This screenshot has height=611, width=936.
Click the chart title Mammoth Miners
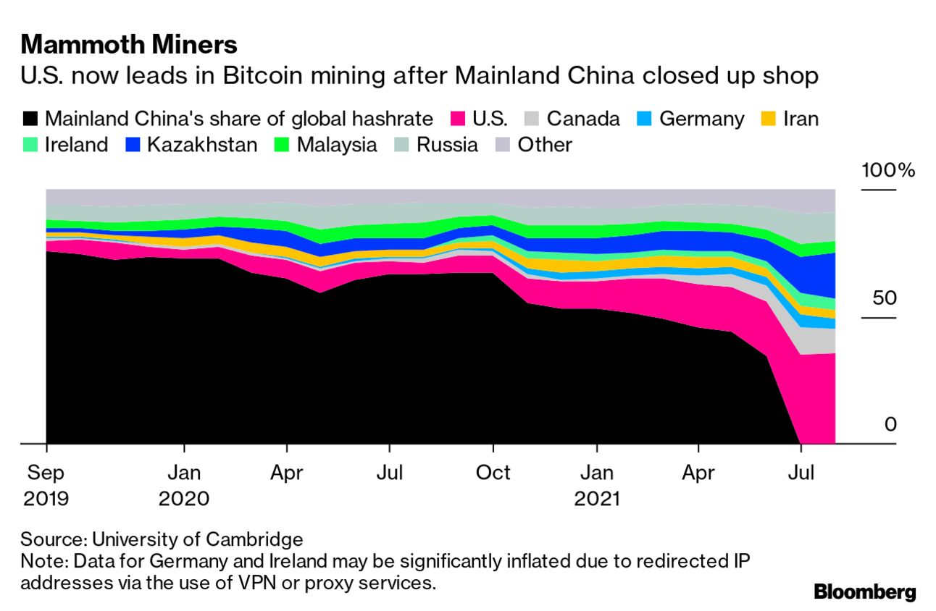pyautogui.click(x=129, y=45)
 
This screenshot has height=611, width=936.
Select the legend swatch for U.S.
pyautogui.click(x=457, y=119)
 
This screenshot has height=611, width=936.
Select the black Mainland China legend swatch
pyautogui.click(x=31, y=119)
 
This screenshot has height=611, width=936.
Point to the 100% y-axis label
pyautogui.click(x=888, y=172)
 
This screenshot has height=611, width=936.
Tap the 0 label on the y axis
pyautogui.click(x=890, y=424)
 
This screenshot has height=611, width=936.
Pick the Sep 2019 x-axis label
pyautogui.click(x=46, y=486)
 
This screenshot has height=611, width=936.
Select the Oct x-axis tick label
pyautogui.click(x=493, y=473)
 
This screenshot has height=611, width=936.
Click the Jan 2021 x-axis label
pyautogui.click(x=597, y=486)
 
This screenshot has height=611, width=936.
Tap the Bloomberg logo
pyautogui.click(x=864, y=591)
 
